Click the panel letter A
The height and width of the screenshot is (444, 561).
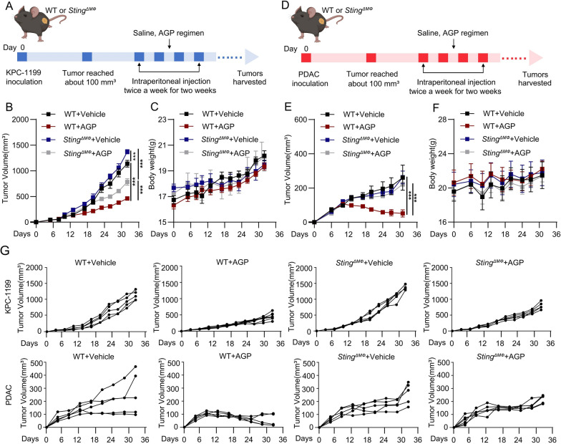point(7,6)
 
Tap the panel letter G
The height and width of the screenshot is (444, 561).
point(7,251)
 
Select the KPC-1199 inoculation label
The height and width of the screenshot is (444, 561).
point(24,77)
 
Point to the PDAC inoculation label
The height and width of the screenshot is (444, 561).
point(309,79)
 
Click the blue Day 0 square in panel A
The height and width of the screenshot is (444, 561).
point(22,57)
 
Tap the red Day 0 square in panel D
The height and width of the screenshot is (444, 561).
point(306,57)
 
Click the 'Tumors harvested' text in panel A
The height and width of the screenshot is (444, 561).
point(250,77)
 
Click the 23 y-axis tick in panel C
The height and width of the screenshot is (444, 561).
point(163,119)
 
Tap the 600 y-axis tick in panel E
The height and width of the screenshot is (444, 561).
point(301,119)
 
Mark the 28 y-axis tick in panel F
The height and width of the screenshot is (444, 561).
point(442,119)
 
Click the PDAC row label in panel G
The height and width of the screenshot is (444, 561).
point(8,395)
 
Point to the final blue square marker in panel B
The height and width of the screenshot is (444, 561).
point(127,152)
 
